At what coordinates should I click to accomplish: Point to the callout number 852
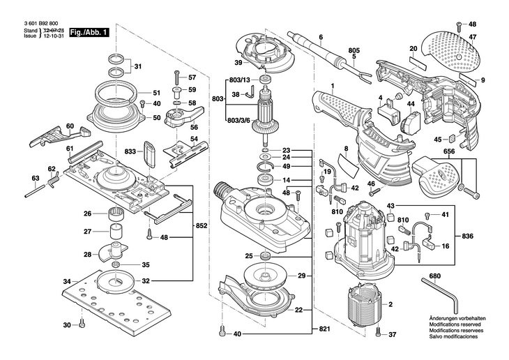[x=202, y=227]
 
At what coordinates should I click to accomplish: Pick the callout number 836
[x=468, y=237]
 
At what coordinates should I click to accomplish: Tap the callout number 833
[x=130, y=151]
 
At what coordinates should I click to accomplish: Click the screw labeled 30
[x=82, y=324]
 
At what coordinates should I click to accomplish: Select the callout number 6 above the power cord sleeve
[x=321, y=37]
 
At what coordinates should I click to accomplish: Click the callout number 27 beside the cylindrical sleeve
[x=88, y=232]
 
